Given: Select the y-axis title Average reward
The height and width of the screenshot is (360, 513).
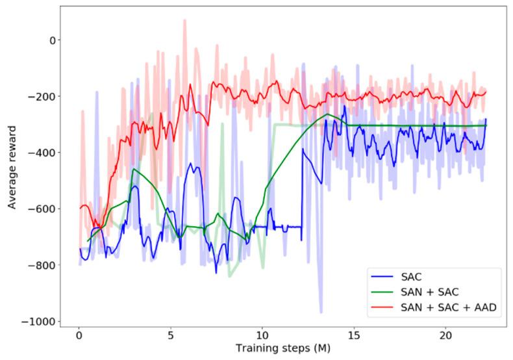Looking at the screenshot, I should [x=12, y=168].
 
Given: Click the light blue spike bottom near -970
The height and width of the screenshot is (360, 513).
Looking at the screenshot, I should [x=320, y=313].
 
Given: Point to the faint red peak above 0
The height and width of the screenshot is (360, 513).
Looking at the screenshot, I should [x=184, y=21].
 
